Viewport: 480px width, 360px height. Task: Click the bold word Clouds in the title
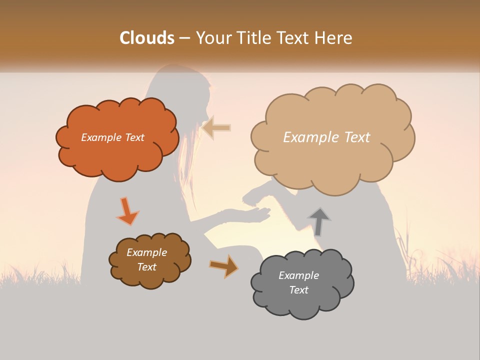tap(146, 38)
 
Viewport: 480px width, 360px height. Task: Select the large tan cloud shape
tap(332, 160)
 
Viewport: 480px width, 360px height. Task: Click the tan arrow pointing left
tap(217, 128)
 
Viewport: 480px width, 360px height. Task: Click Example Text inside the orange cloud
tap(112, 137)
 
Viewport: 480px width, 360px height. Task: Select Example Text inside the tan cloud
tap(326, 137)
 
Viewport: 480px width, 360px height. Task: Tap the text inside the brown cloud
tap(146, 259)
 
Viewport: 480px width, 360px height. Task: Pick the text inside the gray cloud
tap(298, 282)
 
